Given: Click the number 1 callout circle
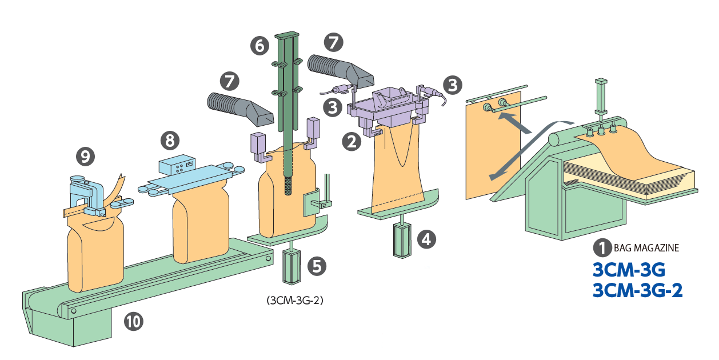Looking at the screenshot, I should [602, 247].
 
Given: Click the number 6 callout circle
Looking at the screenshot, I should [260, 45].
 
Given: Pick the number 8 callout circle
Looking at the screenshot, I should [170, 139].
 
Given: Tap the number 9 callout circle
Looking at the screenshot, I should [85, 156].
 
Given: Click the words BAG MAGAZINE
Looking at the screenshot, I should [646, 248].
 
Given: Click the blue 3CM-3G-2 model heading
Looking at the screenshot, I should [637, 290].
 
